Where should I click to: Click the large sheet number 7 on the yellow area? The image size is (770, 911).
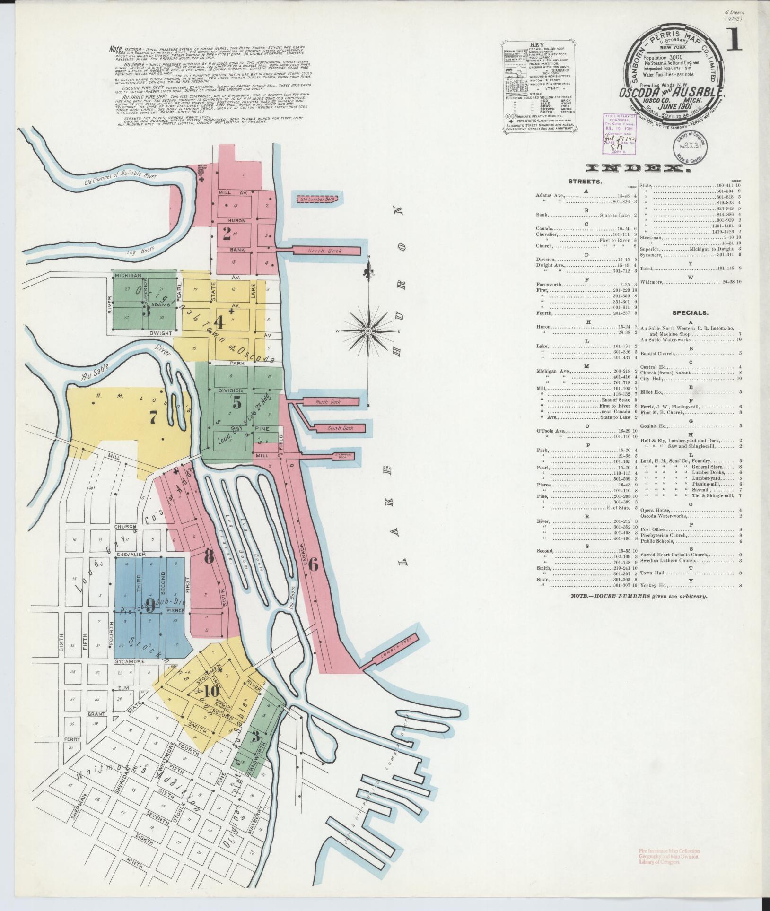(x=153, y=417)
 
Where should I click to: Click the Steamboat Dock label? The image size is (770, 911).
(x=341, y=455)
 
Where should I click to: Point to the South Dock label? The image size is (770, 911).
(x=341, y=429)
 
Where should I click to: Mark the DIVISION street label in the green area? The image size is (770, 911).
(x=230, y=390)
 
